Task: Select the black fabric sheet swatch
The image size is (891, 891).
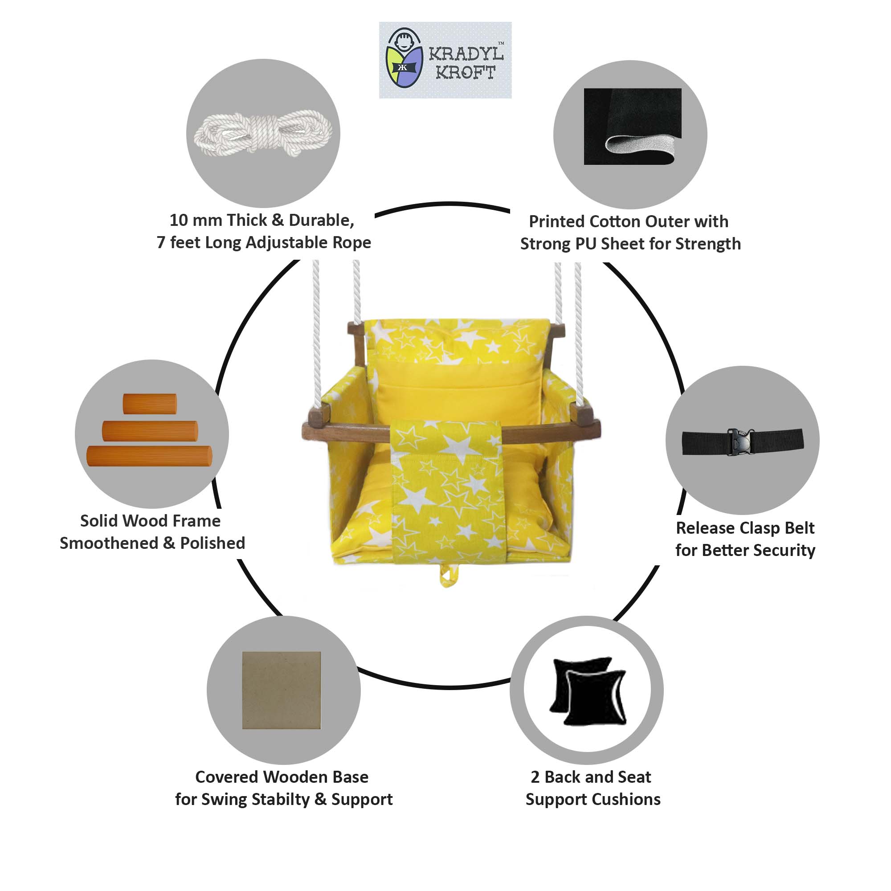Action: coord(632,127)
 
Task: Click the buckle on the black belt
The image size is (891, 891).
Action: coord(739,441)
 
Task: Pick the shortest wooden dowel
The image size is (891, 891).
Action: coord(150,404)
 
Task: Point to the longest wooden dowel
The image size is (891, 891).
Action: coord(149,456)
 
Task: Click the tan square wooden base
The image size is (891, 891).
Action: coord(281,690)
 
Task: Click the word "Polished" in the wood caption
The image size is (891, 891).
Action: coord(213,543)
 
